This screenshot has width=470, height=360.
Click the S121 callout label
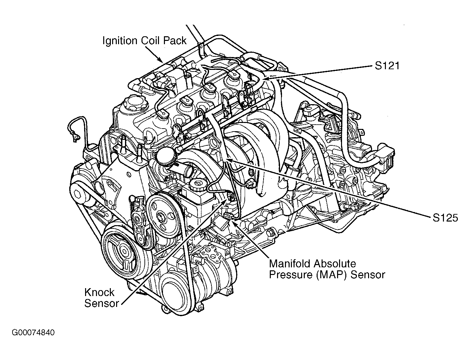tap(387, 66)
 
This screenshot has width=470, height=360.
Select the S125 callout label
tap(445, 218)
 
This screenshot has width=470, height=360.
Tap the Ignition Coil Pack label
tap(144, 41)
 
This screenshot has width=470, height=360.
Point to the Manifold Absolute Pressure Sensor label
tap(327, 269)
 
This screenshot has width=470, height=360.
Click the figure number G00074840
tap(33, 332)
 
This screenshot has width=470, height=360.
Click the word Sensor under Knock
tap(101, 303)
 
